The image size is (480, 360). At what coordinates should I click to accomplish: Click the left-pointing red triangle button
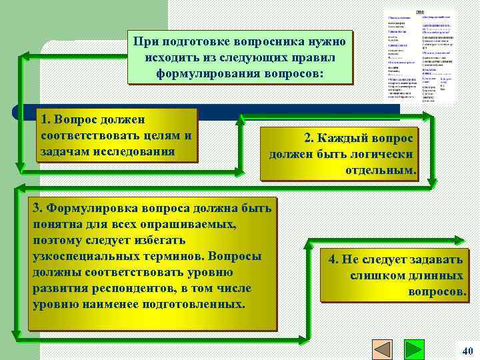click(x=383, y=351)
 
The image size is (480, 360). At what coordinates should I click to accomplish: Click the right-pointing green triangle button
click(x=415, y=351)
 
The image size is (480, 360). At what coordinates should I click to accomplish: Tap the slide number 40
click(x=467, y=351)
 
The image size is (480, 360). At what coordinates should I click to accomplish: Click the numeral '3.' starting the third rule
click(x=38, y=209)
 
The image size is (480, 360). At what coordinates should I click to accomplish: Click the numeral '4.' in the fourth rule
click(x=335, y=260)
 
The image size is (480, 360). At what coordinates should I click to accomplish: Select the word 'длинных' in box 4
click(x=438, y=276)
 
